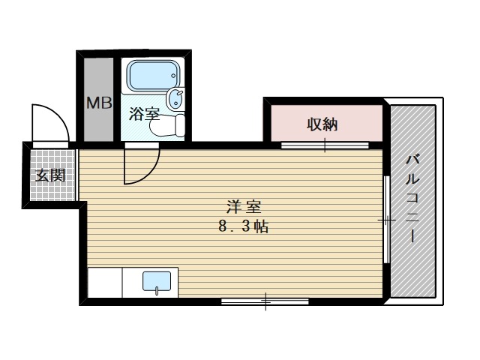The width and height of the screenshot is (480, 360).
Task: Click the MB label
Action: pos(97,103)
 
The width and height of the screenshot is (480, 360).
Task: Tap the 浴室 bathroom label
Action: pos(144,114)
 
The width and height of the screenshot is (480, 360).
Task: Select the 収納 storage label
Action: pos(322,124)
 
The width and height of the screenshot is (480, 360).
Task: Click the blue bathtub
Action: pos(153,76)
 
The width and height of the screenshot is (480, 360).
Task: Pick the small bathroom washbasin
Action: pos(176,98)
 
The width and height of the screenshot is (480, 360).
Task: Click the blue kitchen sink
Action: pos(157,283)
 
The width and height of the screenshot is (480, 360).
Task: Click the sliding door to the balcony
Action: pos(386,220)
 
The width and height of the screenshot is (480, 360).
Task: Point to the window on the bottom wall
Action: pos(265,301)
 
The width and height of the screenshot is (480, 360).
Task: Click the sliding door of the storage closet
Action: pos(325,144)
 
